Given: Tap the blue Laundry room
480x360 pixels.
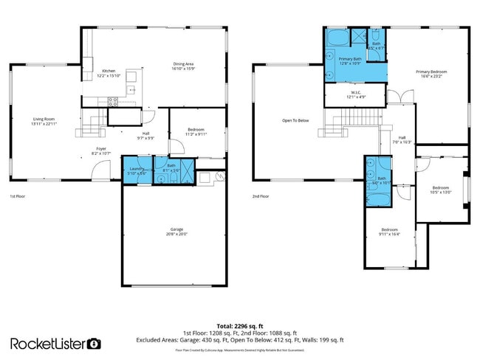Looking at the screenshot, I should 134,170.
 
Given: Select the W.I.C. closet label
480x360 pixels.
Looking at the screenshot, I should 356,94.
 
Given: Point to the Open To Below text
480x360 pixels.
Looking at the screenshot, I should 295,120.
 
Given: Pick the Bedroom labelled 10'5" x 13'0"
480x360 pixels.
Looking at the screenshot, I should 441,190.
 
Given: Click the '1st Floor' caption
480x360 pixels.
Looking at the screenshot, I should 18,197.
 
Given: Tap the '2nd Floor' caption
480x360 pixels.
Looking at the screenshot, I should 260,197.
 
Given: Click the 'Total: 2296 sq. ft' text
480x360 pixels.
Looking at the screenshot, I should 239,325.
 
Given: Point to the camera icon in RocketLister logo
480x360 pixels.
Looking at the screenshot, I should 95,344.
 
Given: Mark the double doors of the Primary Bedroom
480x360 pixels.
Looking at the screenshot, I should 396,97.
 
